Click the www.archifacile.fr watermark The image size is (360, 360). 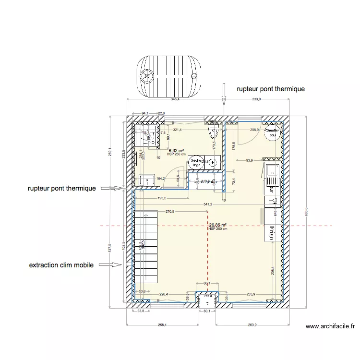330,327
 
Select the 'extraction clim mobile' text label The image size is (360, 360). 61,264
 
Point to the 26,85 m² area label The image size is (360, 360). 217,225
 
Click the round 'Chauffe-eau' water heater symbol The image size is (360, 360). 272,133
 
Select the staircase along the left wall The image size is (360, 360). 146,250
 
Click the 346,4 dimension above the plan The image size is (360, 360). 175,99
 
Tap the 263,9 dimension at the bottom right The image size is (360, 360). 252,325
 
